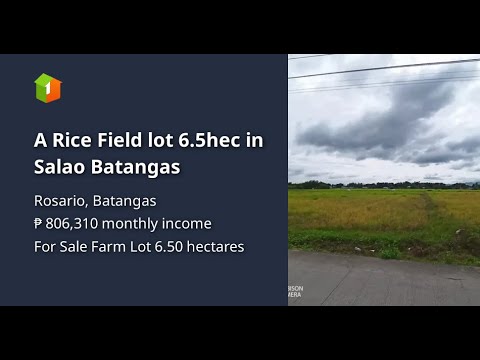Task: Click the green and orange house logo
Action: tap(48, 88)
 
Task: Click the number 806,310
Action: tap(74, 223)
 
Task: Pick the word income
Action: tap(190, 223)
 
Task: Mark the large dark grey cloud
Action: tap(380, 125)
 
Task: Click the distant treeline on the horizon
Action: tap(380, 184)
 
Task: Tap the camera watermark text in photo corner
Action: tap(295, 292)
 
